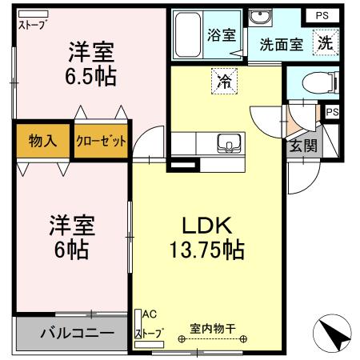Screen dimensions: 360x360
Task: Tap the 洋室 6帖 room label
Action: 72,236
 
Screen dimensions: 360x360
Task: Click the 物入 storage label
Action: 42,142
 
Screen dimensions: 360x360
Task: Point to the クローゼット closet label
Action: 102,142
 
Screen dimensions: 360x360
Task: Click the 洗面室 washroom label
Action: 280,45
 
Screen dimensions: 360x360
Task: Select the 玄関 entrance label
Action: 302,146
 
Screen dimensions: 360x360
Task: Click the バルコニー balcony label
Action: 71,334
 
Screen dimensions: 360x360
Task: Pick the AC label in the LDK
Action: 150,315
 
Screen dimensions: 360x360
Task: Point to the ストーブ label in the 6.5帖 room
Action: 33,25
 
